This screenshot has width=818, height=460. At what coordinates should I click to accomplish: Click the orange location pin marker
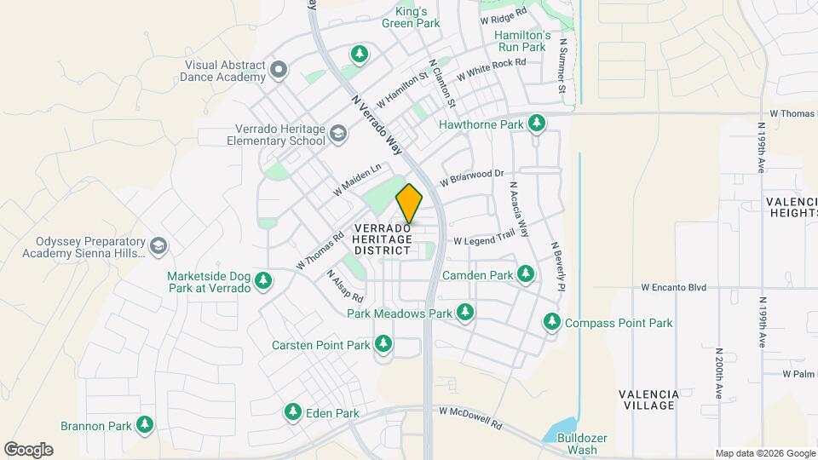point(409,203)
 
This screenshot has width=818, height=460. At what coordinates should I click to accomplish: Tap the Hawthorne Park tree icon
point(536,124)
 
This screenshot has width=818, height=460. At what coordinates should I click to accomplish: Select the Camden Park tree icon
point(526,274)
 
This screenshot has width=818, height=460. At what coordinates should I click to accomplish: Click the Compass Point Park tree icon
point(552,322)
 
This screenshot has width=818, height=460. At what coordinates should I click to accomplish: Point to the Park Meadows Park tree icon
point(465,313)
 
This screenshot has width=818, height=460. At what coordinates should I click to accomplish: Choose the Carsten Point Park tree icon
point(383,344)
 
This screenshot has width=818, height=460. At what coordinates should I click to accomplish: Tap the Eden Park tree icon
point(292,412)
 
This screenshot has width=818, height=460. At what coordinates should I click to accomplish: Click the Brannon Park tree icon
point(145,424)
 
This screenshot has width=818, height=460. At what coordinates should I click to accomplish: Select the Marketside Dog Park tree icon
point(263,281)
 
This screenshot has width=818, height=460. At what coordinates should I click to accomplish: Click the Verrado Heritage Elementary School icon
point(338,134)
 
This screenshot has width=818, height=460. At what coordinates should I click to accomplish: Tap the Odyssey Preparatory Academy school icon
point(158,246)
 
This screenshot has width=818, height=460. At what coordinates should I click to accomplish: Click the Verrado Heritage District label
point(383,239)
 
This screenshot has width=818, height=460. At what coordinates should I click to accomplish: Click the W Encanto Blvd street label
point(674,288)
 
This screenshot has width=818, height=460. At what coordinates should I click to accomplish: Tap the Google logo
point(28,449)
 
